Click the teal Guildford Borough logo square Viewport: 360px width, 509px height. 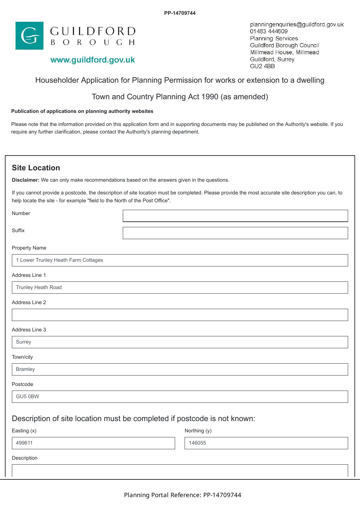pyautogui.click(x=29, y=36)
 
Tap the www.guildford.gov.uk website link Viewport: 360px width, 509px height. pyautogui.click(x=93, y=60)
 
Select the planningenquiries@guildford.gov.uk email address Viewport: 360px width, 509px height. pyautogui.click(x=297, y=24)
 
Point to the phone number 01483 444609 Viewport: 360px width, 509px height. pyautogui.click(x=269, y=31)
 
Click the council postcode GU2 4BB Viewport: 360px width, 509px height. pyautogui.click(x=262, y=66)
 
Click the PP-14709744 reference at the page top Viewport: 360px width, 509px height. pyautogui.click(x=180, y=13)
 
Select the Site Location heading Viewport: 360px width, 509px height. pyautogui.click(x=36, y=168)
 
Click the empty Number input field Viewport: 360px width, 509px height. pyautogui.click(x=235, y=216)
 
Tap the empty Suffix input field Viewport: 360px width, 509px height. pyautogui.click(x=235, y=233)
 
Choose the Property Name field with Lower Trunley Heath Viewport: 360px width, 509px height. pyautogui.click(x=180, y=260)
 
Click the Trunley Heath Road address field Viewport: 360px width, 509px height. pyautogui.click(x=180, y=288)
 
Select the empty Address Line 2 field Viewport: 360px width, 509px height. pyautogui.click(x=180, y=315)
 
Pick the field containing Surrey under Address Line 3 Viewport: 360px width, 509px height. pyautogui.click(x=180, y=342)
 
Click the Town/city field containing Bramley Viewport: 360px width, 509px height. pyautogui.click(x=180, y=369)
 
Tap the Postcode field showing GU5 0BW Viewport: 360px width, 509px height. pyautogui.click(x=180, y=397)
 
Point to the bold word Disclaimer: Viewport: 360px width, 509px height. pyautogui.click(x=26, y=180)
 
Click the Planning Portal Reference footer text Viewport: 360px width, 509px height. pyautogui.click(x=183, y=495)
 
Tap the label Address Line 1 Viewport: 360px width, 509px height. pyautogui.click(x=29, y=275)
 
